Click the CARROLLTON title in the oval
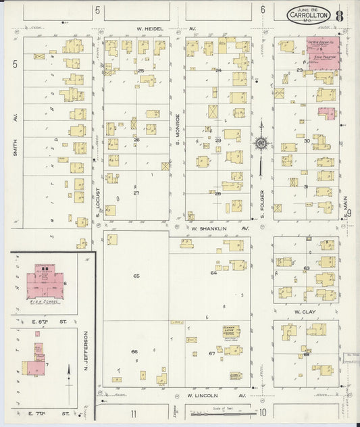(311, 14)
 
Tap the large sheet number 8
(338, 14)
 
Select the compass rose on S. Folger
(261, 143)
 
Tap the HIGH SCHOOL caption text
(45, 302)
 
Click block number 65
(136, 276)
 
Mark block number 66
(134, 351)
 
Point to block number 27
(136, 193)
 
